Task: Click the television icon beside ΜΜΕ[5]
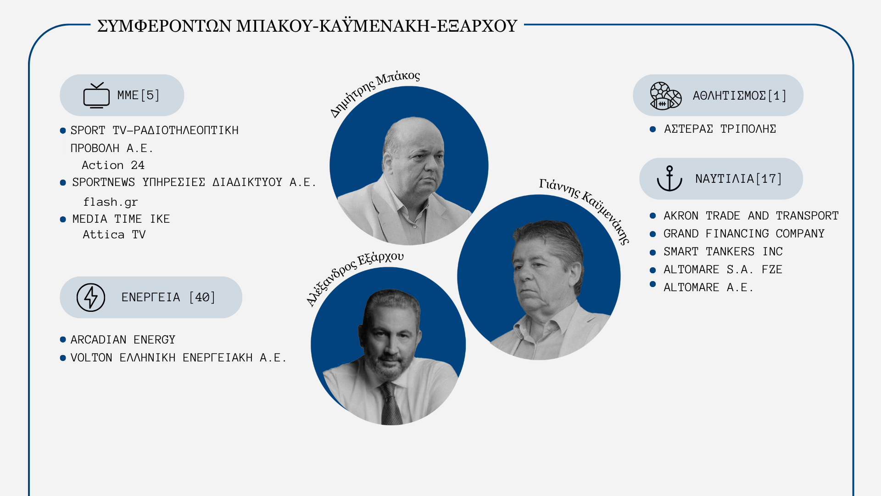click(96, 95)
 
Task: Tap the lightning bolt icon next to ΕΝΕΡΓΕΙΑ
click(91, 298)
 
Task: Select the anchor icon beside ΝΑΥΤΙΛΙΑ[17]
click(669, 179)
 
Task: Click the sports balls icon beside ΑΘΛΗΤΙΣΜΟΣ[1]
click(665, 96)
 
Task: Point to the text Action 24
click(113, 165)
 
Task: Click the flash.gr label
click(110, 202)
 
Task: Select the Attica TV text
click(114, 235)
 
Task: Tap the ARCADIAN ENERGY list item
click(123, 340)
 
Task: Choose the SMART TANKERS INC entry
click(723, 252)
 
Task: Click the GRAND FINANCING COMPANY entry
click(744, 234)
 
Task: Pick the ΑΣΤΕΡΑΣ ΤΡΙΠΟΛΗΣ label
click(720, 129)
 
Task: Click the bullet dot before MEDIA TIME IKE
click(63, 220)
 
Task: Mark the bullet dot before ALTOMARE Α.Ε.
click(653, 284)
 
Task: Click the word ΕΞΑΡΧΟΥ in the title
click(477, 26)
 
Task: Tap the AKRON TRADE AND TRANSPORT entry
click(751, 216)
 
